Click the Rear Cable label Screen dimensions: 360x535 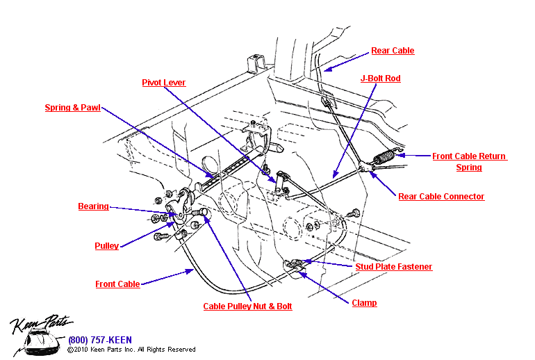coord(392,51)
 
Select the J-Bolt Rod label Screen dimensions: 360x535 coord(380,79)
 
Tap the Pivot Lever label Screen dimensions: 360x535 coord(163,83)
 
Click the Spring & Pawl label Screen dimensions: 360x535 coord(72,108)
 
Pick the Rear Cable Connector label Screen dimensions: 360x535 coord(441,197)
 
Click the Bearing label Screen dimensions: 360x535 coord(93,206)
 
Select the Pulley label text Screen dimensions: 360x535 coord(106,246)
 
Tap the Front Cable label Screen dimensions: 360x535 coord(117,284)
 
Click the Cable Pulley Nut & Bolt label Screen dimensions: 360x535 coord(247,306)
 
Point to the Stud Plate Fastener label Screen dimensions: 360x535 coord(393,267)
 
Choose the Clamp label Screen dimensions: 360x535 coord(364,303)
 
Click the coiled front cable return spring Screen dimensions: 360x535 coord(384,158)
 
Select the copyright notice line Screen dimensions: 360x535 coord(131,350)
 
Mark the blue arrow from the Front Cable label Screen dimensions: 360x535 coord(167,277)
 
